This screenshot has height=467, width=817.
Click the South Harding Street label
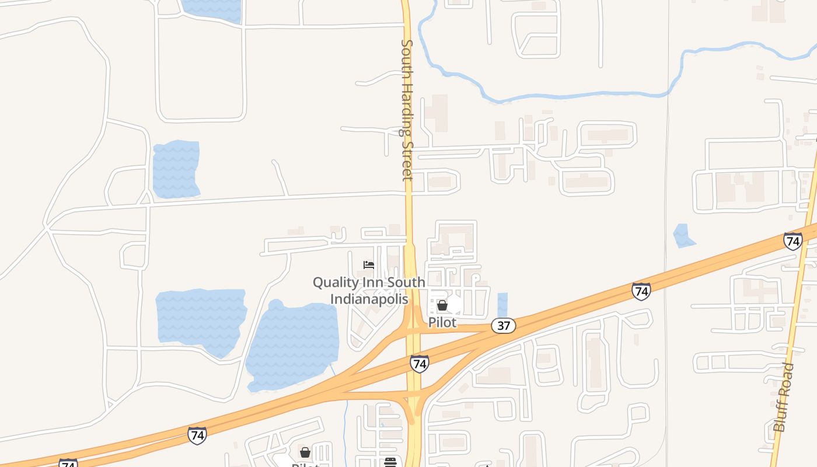click(407, 110)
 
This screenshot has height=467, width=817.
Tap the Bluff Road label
click(784, 397)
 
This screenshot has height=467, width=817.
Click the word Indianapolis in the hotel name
click(370, 299)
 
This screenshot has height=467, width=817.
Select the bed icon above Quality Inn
click(369, 265)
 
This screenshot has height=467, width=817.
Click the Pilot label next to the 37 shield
click(442, 322)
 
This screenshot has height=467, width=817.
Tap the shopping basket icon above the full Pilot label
click(442, 305)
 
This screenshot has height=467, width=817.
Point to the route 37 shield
click(503, 326)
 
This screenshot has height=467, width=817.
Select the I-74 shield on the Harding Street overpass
click(419, 364)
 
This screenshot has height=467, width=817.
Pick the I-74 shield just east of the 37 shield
click(641, 291)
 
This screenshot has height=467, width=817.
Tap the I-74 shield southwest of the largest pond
click(197, 435)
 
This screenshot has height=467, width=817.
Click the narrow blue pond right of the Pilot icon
click(502, 304)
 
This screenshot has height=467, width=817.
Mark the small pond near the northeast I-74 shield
click(683, 235)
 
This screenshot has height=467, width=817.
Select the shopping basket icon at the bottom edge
click(305, 452)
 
